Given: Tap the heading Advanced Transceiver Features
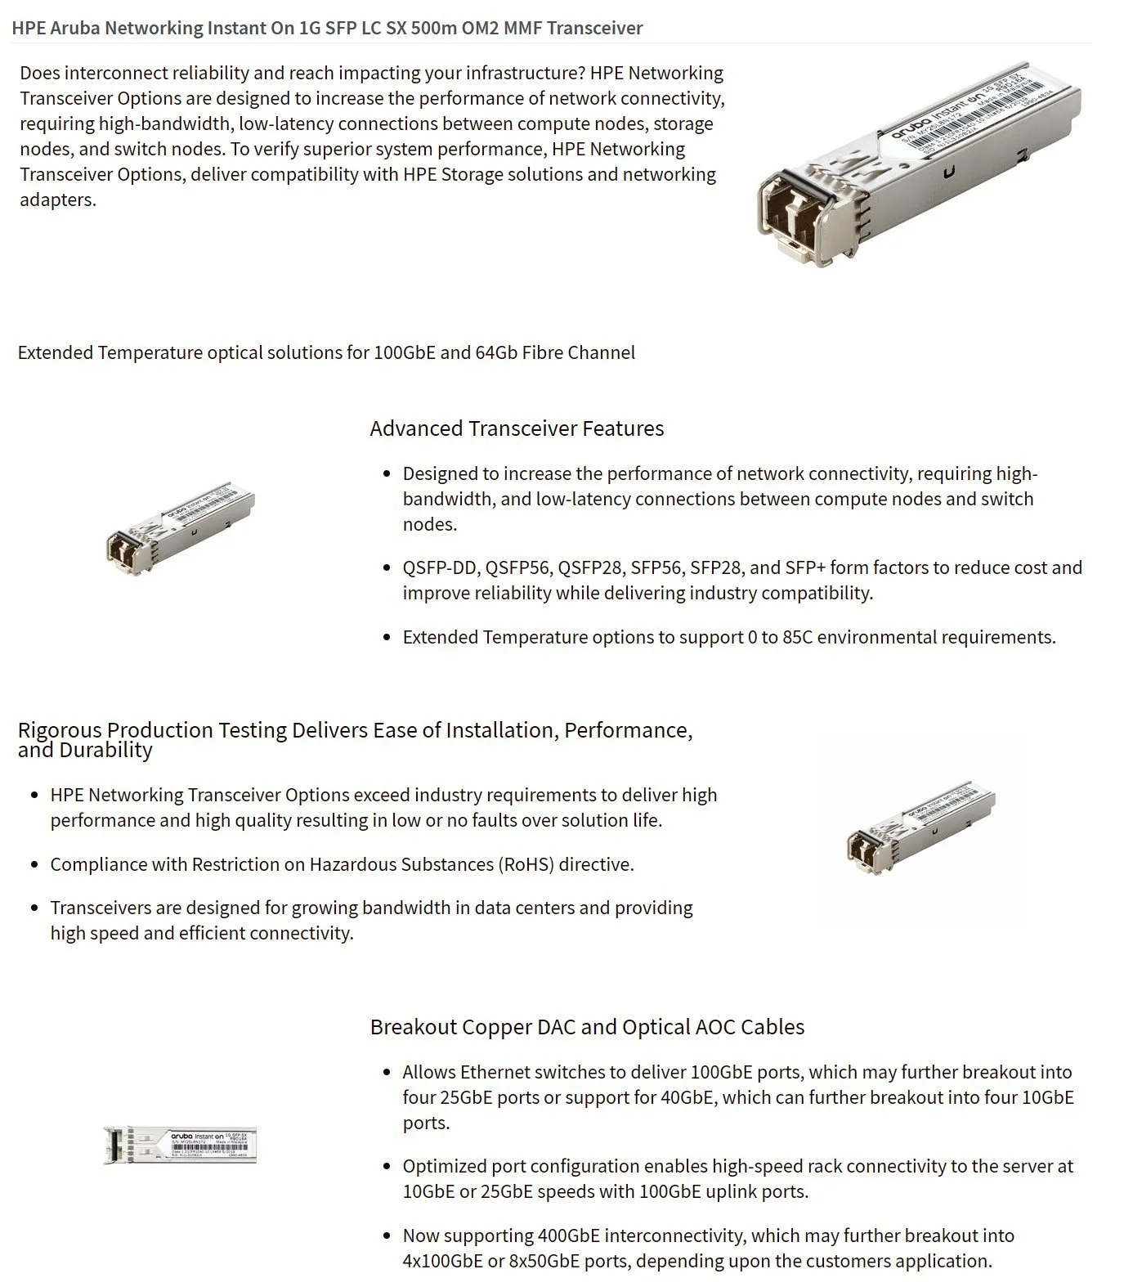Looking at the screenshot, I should click(517, 428).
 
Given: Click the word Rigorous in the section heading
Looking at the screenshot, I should click(60, 729).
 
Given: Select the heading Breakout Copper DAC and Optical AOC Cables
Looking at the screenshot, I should click(587, 1027).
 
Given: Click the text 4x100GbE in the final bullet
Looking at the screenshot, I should click(441, 1261).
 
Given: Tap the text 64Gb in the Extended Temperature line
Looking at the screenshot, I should click(495, 352).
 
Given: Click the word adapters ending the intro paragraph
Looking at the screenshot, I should click(57, 200).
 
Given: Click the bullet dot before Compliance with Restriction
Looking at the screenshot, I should click(34, 865).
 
